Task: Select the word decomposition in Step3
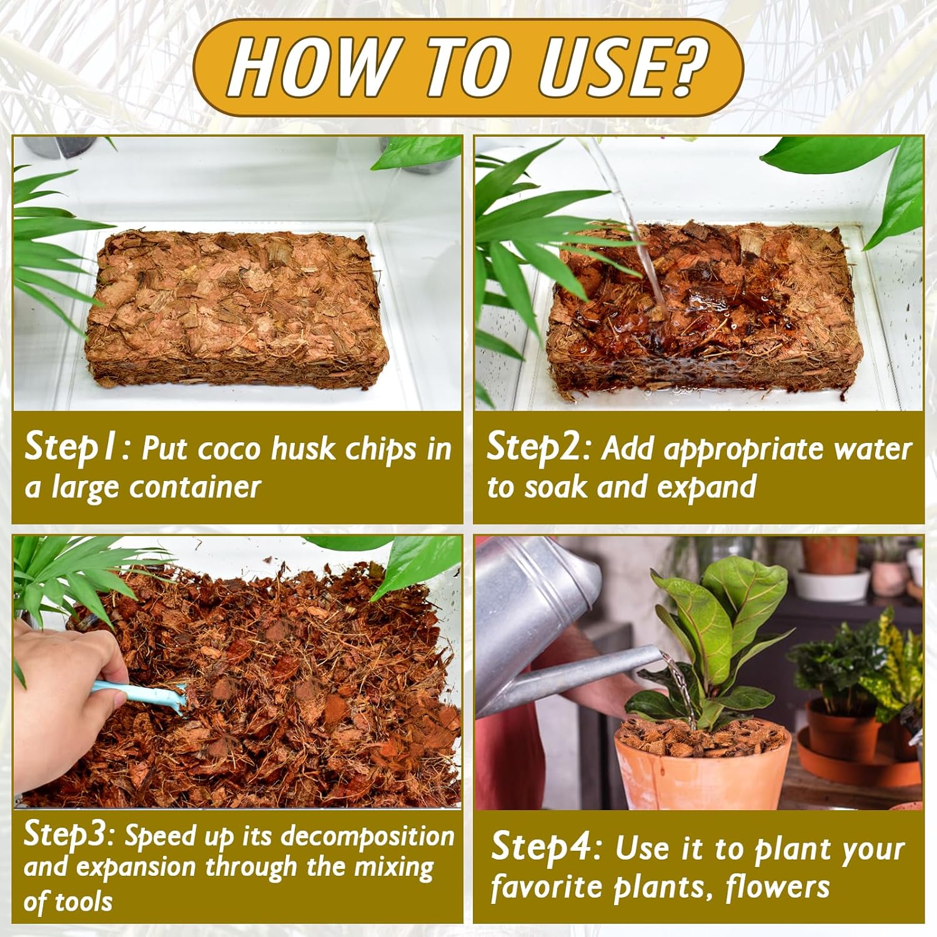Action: tap(368, 836)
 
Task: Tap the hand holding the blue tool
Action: tap(62, 700)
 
